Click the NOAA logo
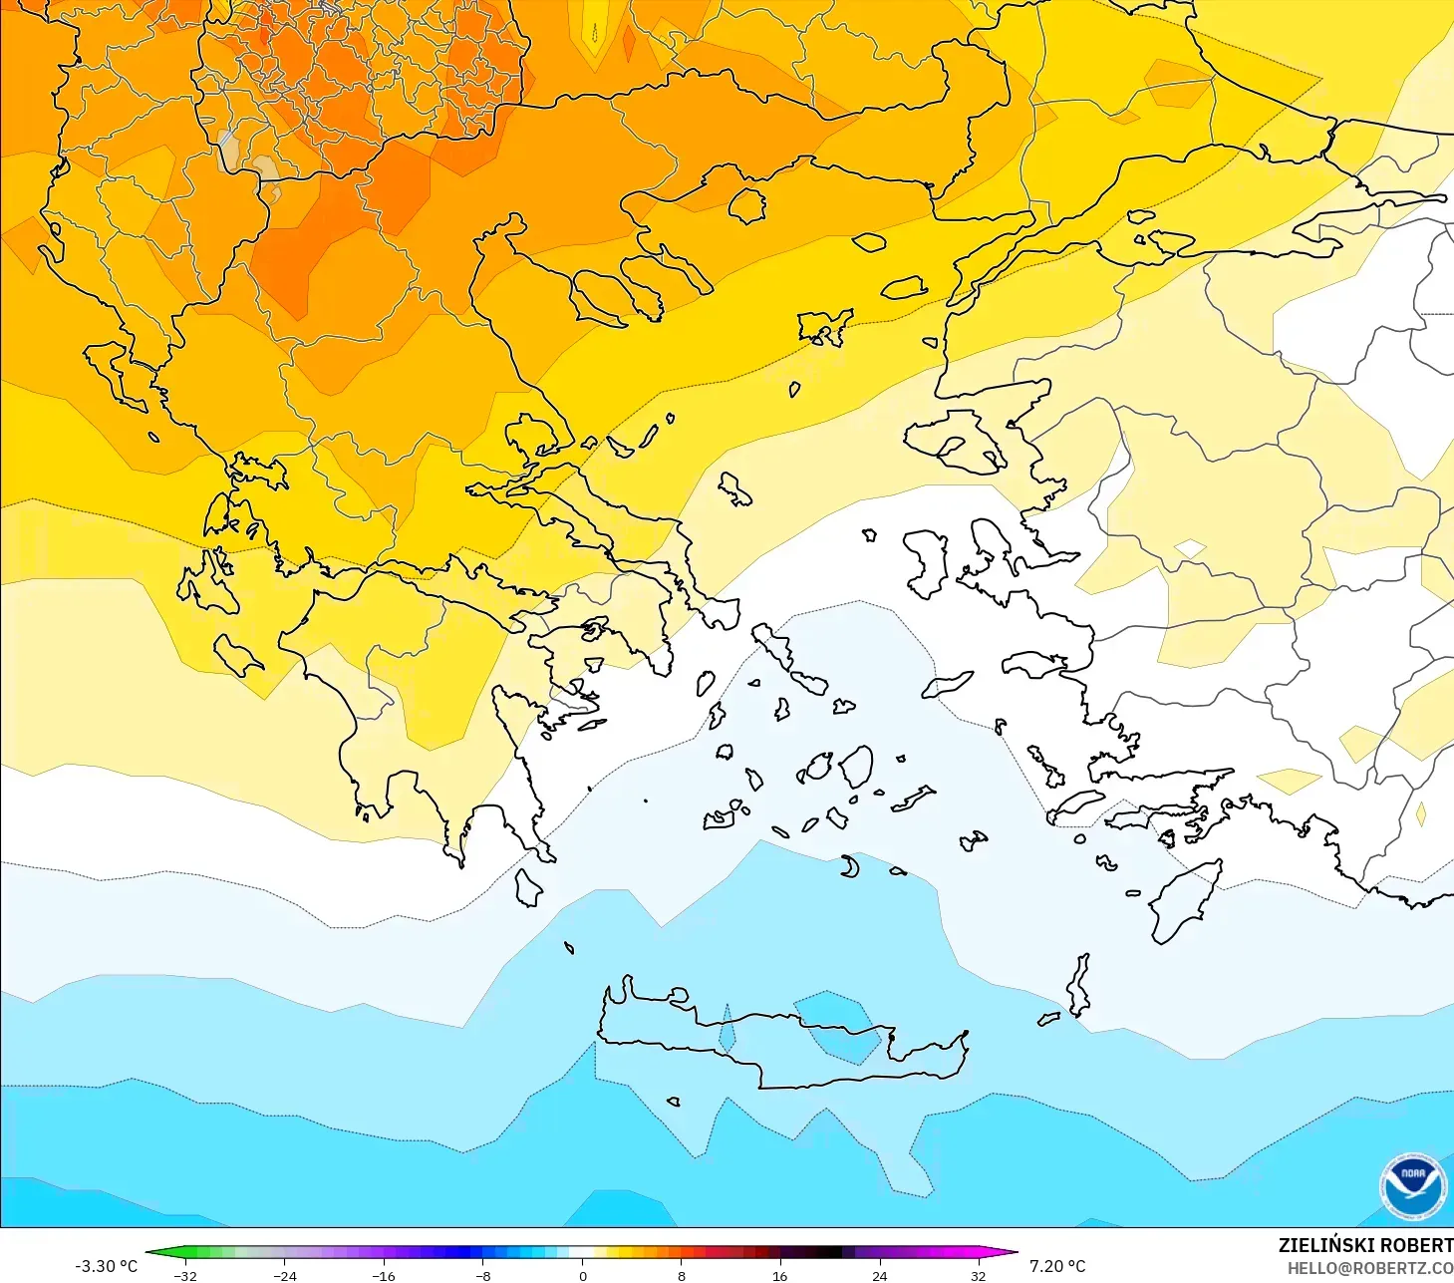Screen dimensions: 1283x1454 [1412, 1186]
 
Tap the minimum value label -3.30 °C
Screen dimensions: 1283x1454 [106, 1266]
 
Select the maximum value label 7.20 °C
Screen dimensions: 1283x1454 [1057, 1266]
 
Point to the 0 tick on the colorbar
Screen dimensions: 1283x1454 [583, 1275]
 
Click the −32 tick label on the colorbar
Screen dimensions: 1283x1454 [185, 1275]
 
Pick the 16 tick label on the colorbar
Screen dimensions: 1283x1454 [779, 1275]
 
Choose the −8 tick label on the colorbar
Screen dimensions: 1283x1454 [483, 1275]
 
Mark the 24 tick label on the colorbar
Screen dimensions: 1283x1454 [879, 1275]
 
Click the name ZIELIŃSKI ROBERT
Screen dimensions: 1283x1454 [1365, 1245]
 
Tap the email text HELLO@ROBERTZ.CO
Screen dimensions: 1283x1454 [1369, 1268]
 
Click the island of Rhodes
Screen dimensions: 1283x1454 [1184, 901]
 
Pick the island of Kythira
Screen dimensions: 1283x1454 [528, 887]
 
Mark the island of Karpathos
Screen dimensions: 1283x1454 [1078, 984]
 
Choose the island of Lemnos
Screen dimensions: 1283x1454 [823, 326]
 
